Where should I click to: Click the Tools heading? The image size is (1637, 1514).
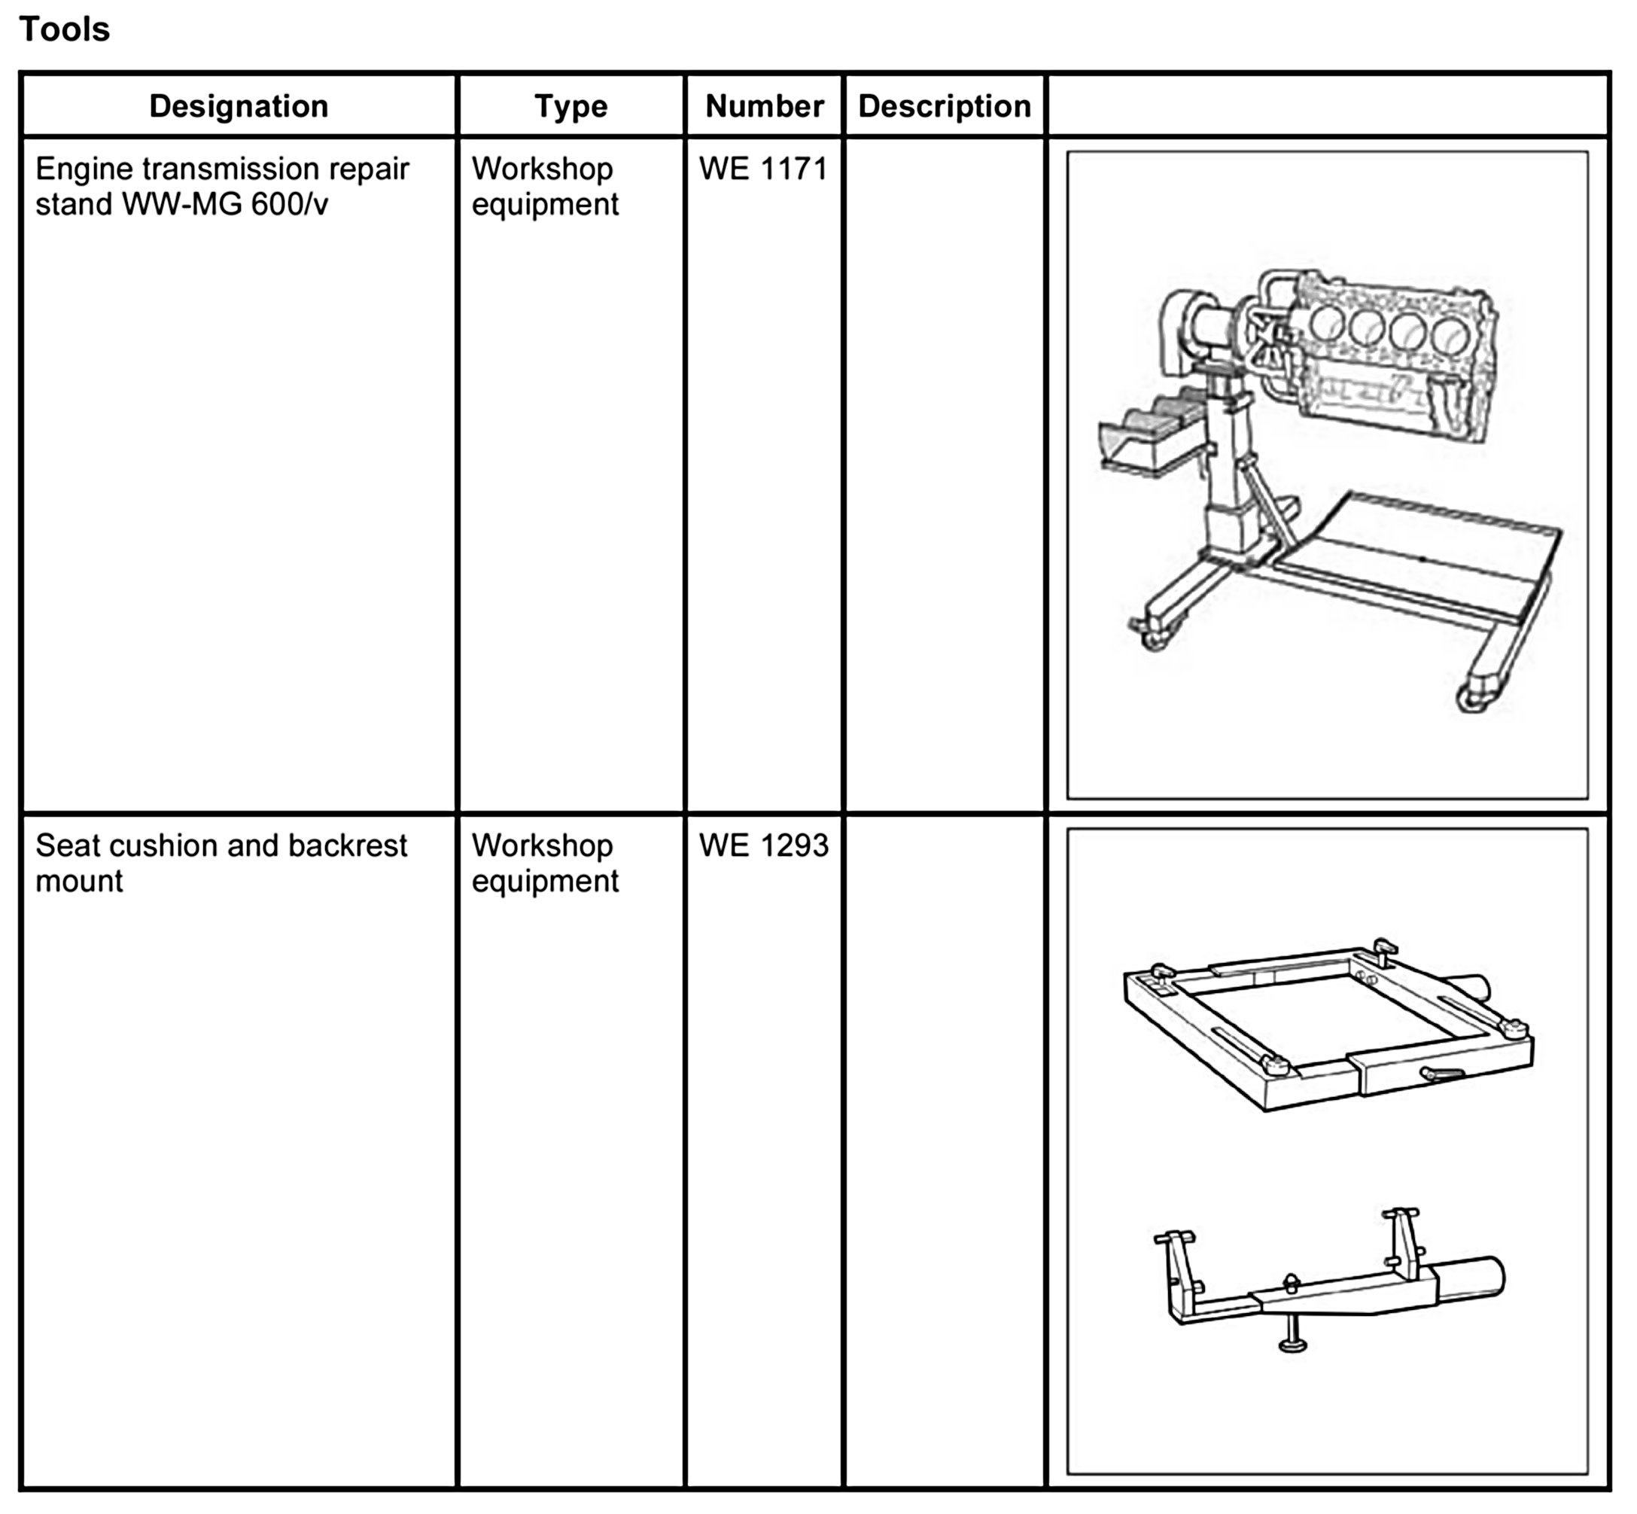64,29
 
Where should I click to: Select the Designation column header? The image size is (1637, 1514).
239,105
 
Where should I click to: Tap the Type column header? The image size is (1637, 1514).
571,105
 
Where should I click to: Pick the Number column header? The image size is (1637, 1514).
764,105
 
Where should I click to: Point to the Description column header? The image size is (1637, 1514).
945,105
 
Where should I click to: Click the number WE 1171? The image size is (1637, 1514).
763,169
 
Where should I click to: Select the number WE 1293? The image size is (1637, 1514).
763,845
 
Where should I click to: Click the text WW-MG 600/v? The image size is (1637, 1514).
224,204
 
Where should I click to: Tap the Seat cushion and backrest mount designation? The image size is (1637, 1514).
221,863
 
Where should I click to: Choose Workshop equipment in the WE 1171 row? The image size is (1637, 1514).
545,186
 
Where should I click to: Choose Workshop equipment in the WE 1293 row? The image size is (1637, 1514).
545,863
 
